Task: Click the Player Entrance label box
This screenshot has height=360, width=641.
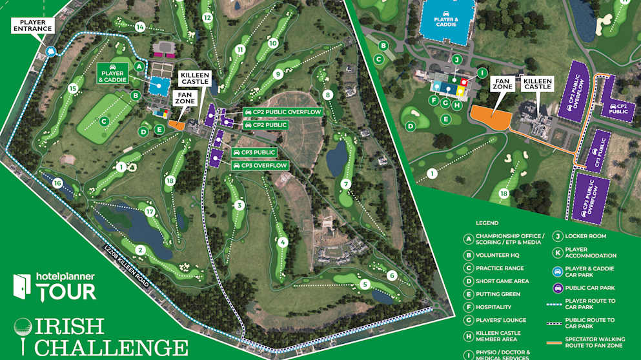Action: pos(32,25)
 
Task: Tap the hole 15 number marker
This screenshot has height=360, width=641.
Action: pos(73,88)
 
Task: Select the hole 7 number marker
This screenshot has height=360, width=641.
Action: pos(346,184)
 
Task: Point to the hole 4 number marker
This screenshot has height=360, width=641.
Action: pos(283,243)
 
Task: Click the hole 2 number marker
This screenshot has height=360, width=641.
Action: pos(140,250)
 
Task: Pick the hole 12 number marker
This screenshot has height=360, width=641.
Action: pos(207,18)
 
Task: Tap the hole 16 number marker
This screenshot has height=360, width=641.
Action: pos(57,184)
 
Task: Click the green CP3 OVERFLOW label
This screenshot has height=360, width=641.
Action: pos(260,166)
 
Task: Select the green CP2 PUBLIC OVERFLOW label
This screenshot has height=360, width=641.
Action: pos(281,112)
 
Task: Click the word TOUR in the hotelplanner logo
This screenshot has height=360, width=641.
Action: pos(66,292)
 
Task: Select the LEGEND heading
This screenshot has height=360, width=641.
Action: pos(487,223)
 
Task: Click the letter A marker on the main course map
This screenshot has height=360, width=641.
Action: pos(139,66)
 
